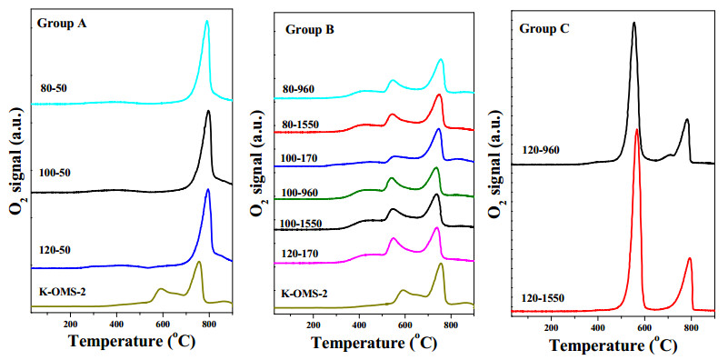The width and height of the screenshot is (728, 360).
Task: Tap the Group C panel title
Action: (x=544, y=29)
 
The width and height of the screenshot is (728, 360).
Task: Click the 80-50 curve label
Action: (x=55, y=88)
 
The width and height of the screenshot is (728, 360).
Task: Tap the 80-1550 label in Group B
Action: (x=303, y=125)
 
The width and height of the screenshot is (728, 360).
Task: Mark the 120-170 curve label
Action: (x=302, y=254)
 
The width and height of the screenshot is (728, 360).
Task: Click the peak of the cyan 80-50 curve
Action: (x=207, y=21)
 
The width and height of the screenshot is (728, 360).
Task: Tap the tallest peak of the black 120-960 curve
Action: (x=633, y=23)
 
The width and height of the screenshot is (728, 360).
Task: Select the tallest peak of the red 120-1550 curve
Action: (x=637, y=129)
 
